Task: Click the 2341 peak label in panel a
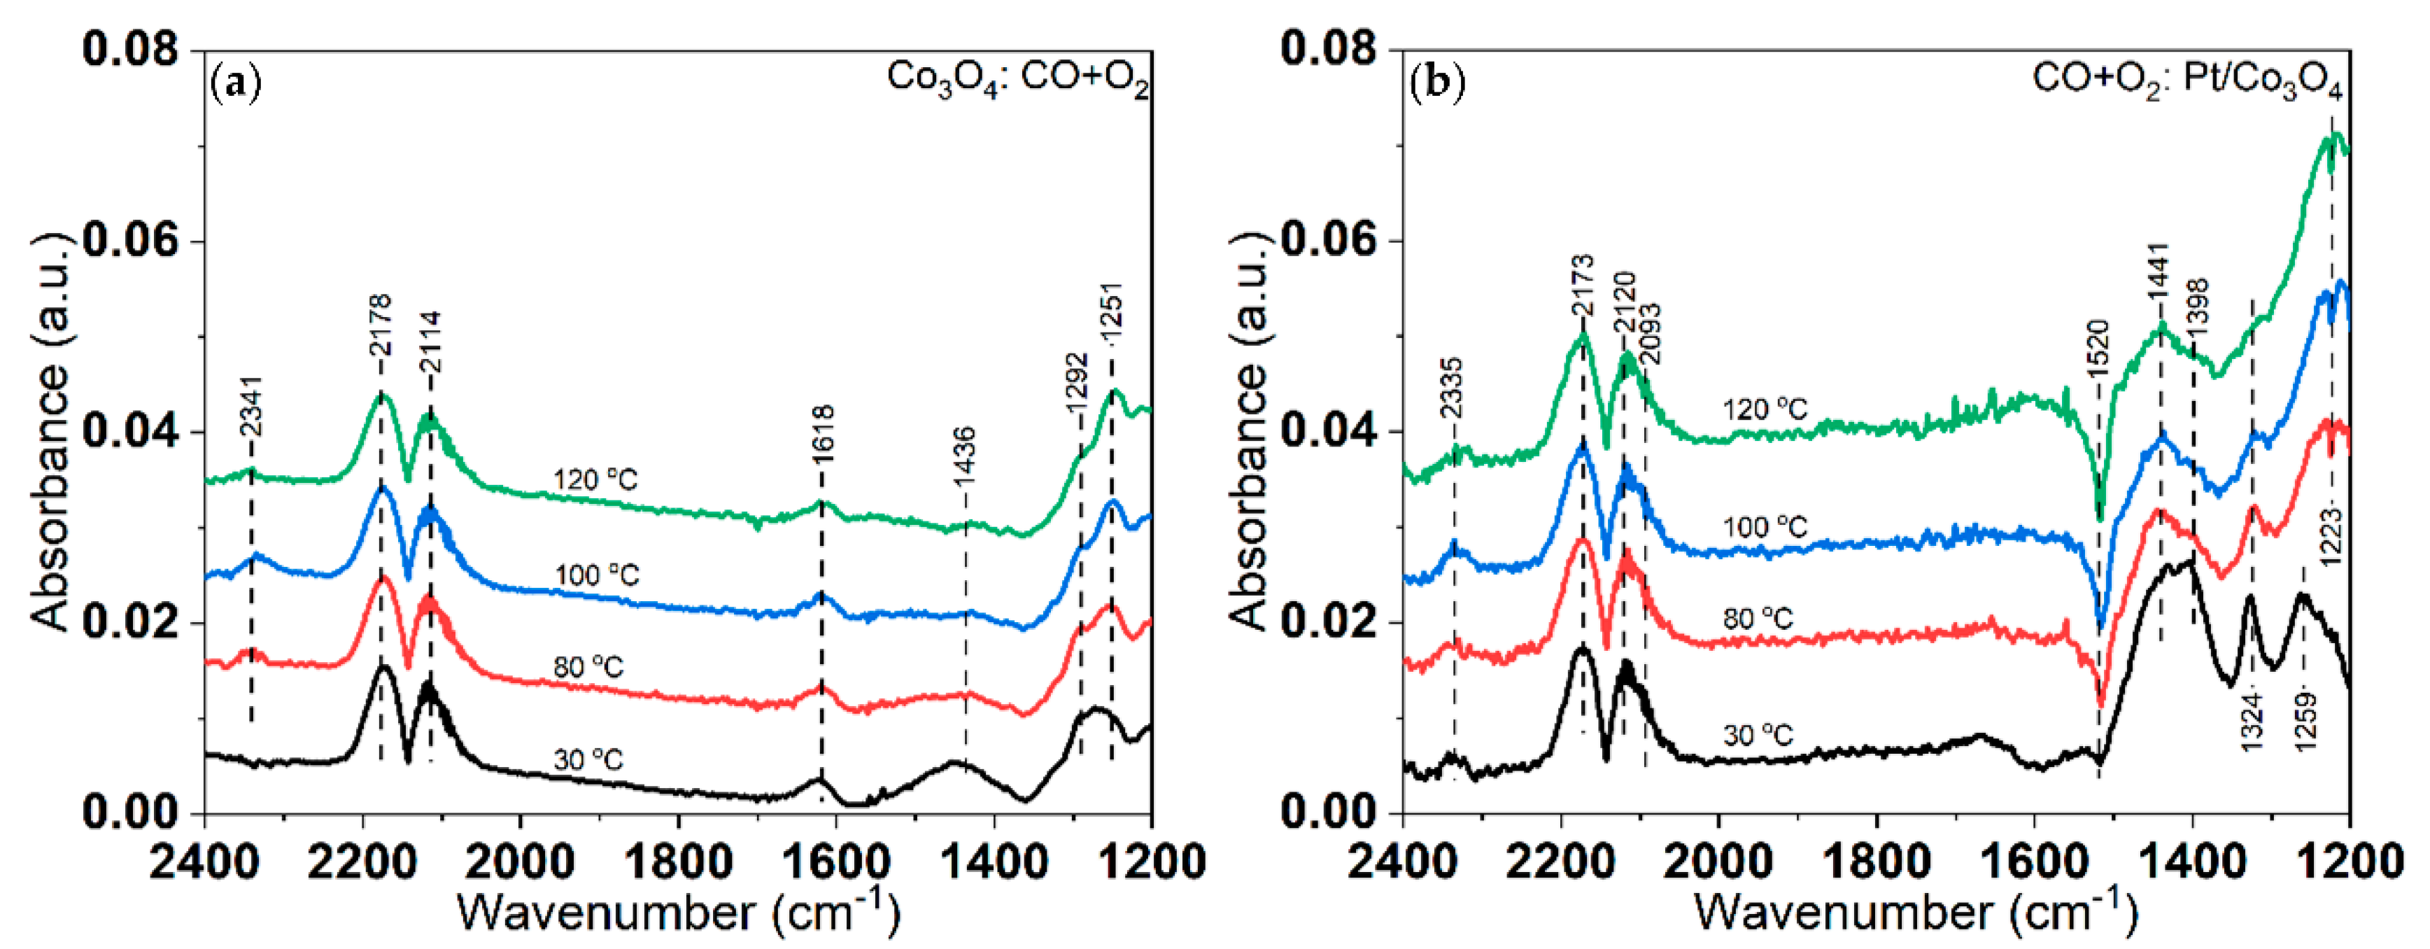251,407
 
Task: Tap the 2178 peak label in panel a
380,325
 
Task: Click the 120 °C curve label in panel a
595,480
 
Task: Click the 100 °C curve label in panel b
1765,527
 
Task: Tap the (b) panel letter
1436,84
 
